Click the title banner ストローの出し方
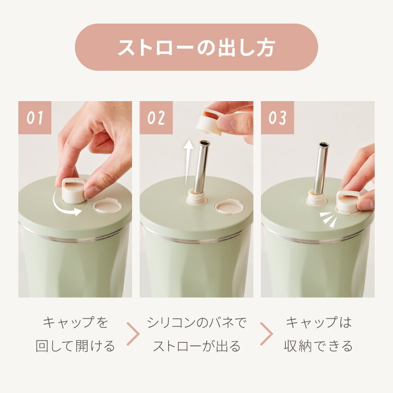pyautogui.click(x=196, y=47)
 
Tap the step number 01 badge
pyautogui.click(x=35, y=118)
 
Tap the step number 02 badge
pyautogui.click(x=156, y=118)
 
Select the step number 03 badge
pyautogui.click(x=277, y=118)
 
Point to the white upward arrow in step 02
pyautogui.click(x=189, y=159)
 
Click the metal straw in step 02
pyautogui.click(x=202, y=166)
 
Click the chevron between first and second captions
pyautogui.click(x=134, y=334)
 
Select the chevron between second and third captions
pyautogui.click(x=267, y=334)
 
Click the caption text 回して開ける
pyautogui.click(x=75, y=346)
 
